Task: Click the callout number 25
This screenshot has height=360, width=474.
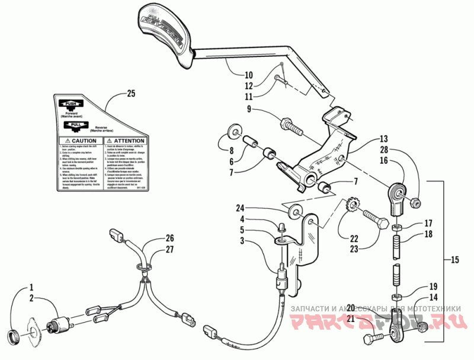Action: point(131,93)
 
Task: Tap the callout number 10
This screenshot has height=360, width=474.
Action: point(248,75)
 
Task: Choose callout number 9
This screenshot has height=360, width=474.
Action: point(249,109)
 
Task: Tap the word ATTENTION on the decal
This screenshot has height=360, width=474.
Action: point(126,141)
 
